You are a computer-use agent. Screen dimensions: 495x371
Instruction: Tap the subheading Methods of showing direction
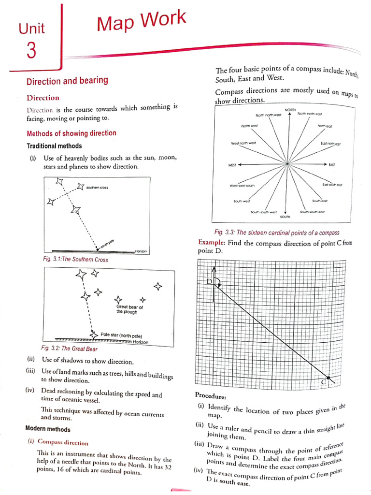[x=71, y=133]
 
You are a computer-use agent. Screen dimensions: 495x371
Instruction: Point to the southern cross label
[x=97, y=187]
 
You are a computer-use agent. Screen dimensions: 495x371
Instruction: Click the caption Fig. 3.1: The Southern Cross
[x=75, y=260]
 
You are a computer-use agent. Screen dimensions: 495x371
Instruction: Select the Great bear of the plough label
[x=129, y=309]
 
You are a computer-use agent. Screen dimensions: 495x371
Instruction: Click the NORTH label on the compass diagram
[x=290, y=110]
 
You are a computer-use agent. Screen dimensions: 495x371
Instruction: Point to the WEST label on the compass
[x=232, y=165]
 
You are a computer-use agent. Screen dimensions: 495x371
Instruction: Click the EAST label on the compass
[x=332, y=165]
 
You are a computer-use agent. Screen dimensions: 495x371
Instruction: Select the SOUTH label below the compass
[x=285, y=217]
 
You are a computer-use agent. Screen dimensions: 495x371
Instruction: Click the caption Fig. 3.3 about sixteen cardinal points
[x=277, y=233]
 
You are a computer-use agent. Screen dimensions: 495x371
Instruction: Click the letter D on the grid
[x=210, y=281]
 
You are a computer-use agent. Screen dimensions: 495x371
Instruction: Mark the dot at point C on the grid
[x=329, y=377]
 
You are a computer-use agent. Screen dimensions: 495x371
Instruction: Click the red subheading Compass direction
[x=63, y=442]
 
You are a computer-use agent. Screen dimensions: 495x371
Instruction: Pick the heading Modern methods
[x=47, y=429]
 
